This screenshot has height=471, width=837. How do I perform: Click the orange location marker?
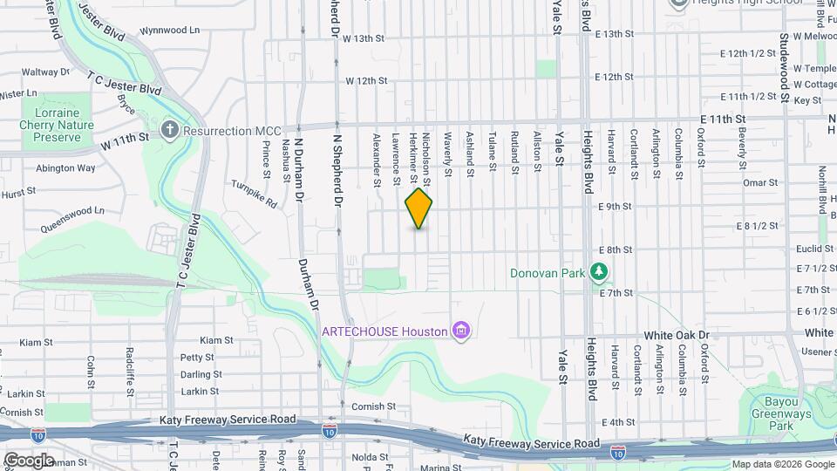click(418, 208)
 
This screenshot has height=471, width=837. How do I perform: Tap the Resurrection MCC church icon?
click(170, 131)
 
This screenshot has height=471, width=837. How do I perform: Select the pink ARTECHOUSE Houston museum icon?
click(461, 331)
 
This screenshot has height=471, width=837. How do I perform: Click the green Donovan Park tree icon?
click(598, 272)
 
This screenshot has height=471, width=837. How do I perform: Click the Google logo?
click(29, 461)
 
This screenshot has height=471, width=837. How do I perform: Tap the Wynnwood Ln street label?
click(169, 30)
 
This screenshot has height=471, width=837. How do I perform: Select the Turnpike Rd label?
click(254, 194)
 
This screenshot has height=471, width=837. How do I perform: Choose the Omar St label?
click(759, 182)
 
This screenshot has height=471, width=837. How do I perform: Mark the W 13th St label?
click(364, 38)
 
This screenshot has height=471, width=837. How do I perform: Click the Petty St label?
click(196, 357)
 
